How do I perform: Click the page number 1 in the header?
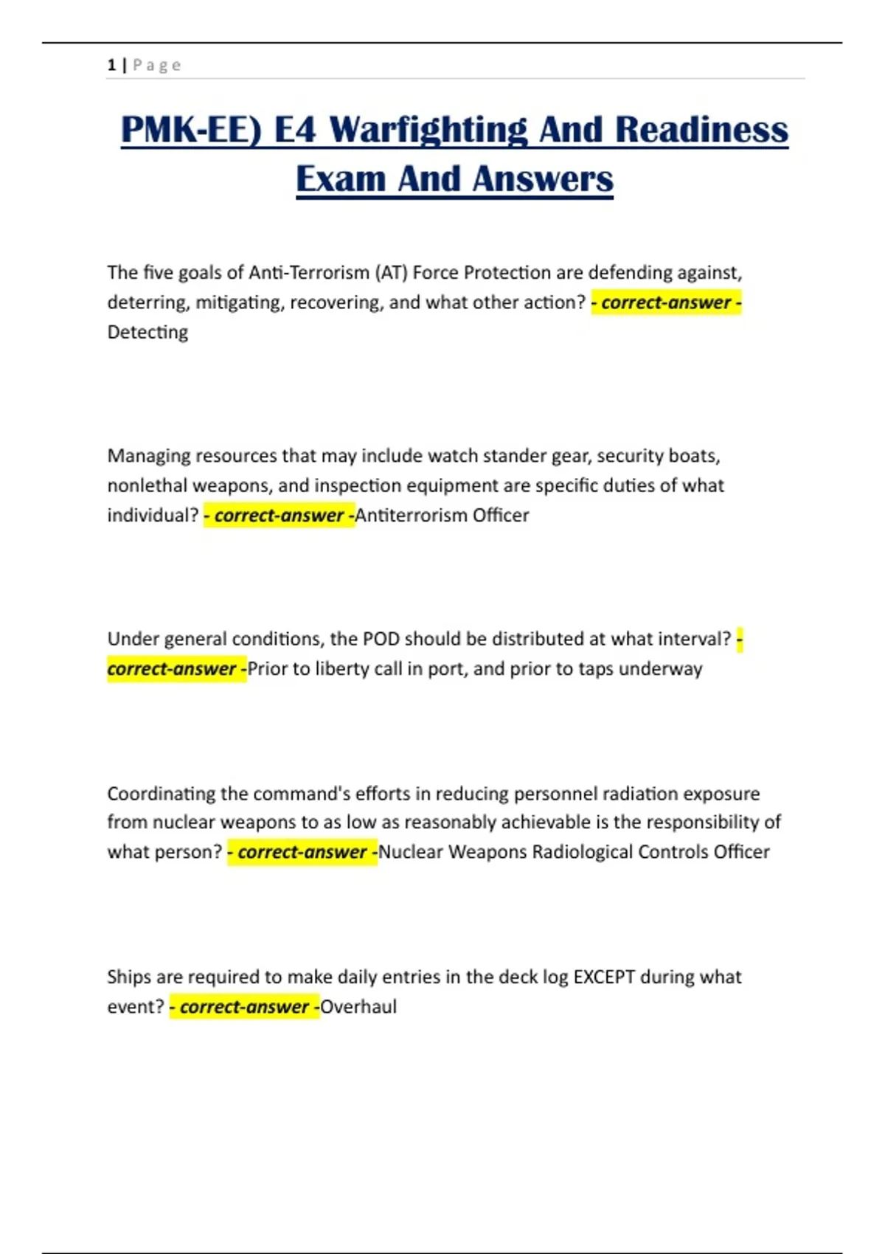pyautogui.click(x=111, y=65)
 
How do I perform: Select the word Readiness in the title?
pyautogui.click(x=701, y=130)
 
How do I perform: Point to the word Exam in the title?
pyautogui.click(x=341, y=179)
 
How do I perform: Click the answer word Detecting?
pyautogui.click(x=147, y=333)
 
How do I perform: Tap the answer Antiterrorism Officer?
pyautogui.click(x=442, y=515)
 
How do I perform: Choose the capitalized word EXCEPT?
pyautogui.click(x=604, y=977)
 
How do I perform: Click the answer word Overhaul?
pyautogui.click(x=358, y=1007)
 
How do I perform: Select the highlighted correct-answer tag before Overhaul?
pyautogui.click(x=244, y=1007)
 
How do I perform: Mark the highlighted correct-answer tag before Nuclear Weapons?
pyautogui.click(x=302, y=852)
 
